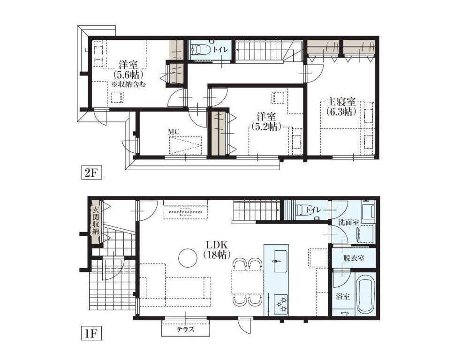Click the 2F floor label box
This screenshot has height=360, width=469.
point(91,173)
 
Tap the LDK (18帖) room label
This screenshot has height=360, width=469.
point(217,250)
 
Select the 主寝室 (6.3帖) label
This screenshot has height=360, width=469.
point(341,107)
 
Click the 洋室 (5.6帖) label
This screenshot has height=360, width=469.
point(128,69)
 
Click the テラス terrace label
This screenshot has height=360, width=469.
point(185,330)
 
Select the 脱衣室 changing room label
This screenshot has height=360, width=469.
point(354,258)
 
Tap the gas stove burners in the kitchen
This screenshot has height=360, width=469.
point(281,304)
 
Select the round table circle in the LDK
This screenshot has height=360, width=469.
point(188,258)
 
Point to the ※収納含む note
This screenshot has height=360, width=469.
point(129,85)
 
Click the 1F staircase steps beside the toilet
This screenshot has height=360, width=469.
point(256,210)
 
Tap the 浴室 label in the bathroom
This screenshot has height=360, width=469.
point(343,297)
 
